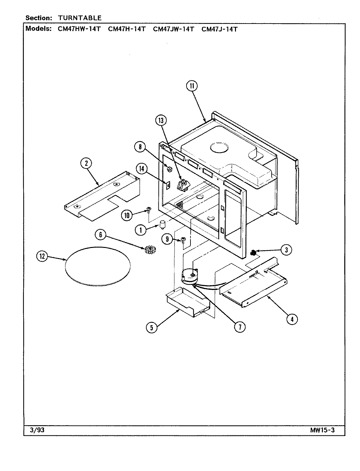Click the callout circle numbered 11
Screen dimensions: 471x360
192,86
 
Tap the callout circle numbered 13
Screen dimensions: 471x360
161,121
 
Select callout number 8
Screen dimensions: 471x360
140,147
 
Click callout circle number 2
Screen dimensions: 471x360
86,164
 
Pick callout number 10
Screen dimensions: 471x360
127,215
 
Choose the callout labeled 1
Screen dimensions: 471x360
141,230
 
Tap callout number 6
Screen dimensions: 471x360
101,234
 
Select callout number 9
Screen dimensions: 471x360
167,239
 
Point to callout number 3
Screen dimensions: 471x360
286,250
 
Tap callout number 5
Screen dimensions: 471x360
152,327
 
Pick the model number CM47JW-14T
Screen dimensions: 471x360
173,29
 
